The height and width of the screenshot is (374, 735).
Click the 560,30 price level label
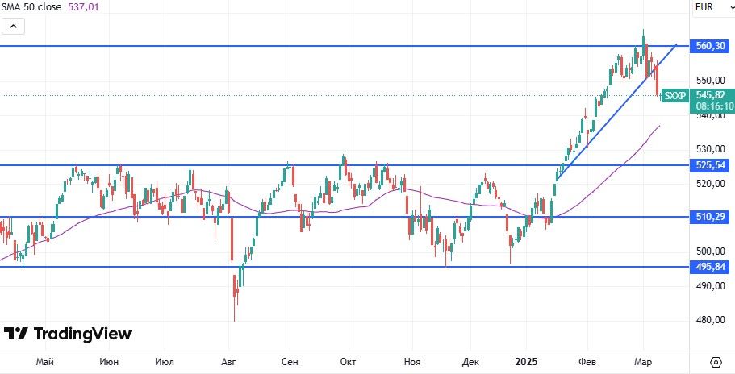(x=711, y=46)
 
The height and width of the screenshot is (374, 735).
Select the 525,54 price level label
(x=711, y=165)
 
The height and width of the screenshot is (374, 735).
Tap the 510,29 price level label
(x=711, y=217)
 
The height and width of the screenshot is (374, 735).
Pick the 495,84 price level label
(x=711, y=267)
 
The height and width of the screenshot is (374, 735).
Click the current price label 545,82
(x=711, y=94)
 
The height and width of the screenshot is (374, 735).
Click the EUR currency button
(x=705, y=7)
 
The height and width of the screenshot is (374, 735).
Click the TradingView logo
(x=68, y=334)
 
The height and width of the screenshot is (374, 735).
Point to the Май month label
(x=44, y=362)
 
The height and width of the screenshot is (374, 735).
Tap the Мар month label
(x=643, y=362)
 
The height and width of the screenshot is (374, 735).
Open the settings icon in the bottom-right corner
(x=716, y=361)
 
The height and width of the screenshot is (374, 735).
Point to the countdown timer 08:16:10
(x=714, y=106)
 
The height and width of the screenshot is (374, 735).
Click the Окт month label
(x=349, y=362)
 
